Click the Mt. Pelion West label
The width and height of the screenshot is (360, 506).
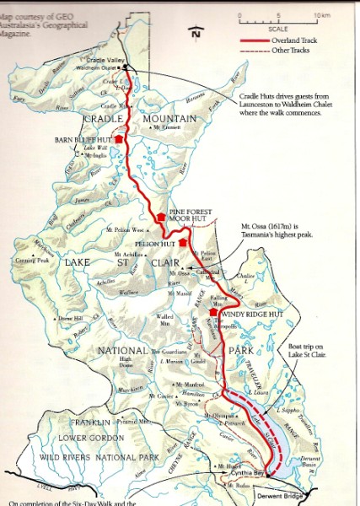(x=126, y=229)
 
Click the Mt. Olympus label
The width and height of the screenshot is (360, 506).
(x=218, y=415)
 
